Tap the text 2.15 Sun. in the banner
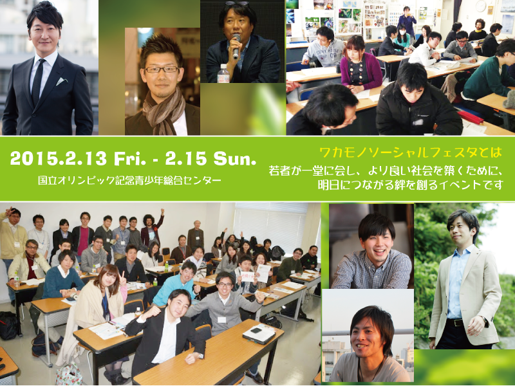point(207,158)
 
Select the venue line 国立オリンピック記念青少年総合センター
point(129,180)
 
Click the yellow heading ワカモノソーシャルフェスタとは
point(410,154)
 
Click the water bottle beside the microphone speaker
point(223,73)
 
